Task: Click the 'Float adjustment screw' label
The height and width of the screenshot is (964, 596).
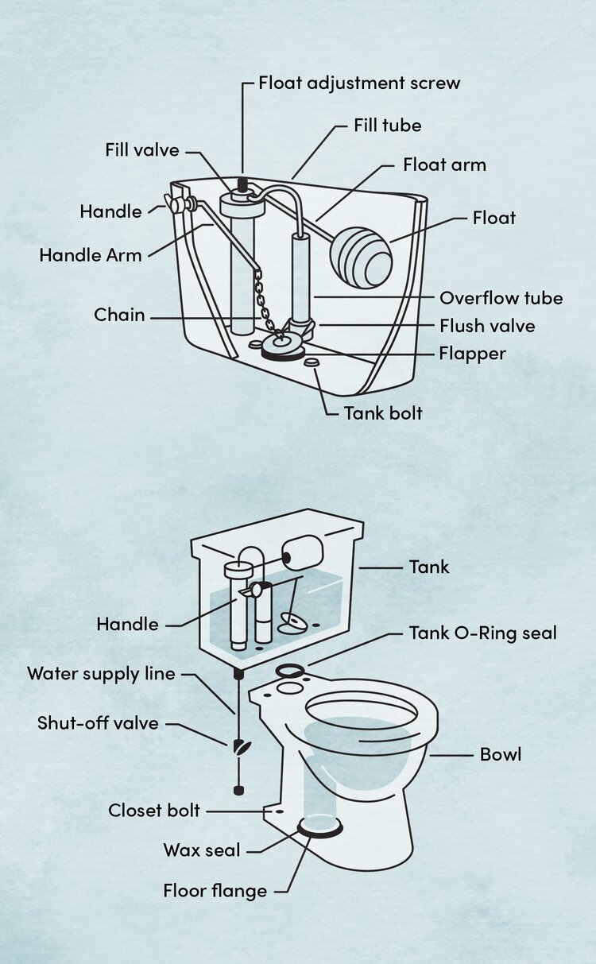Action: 359,83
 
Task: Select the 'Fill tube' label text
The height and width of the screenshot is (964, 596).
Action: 387,126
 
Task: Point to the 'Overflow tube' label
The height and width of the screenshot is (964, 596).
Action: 501,298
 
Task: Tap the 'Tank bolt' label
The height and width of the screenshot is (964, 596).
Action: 383,413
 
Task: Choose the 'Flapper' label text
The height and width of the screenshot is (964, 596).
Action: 472,353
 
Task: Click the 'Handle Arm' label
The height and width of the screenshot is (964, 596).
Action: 90,255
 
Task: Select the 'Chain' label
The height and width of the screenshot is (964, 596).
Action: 119,315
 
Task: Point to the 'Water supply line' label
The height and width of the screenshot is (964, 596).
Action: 101,674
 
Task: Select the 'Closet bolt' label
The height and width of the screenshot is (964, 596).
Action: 154,811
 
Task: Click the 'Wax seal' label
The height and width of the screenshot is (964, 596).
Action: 201,850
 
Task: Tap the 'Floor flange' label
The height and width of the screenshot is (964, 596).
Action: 215,891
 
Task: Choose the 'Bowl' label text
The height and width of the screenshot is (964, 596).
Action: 501,754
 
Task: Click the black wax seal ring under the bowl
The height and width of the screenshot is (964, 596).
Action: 319,829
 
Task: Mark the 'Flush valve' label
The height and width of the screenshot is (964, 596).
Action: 487,326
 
